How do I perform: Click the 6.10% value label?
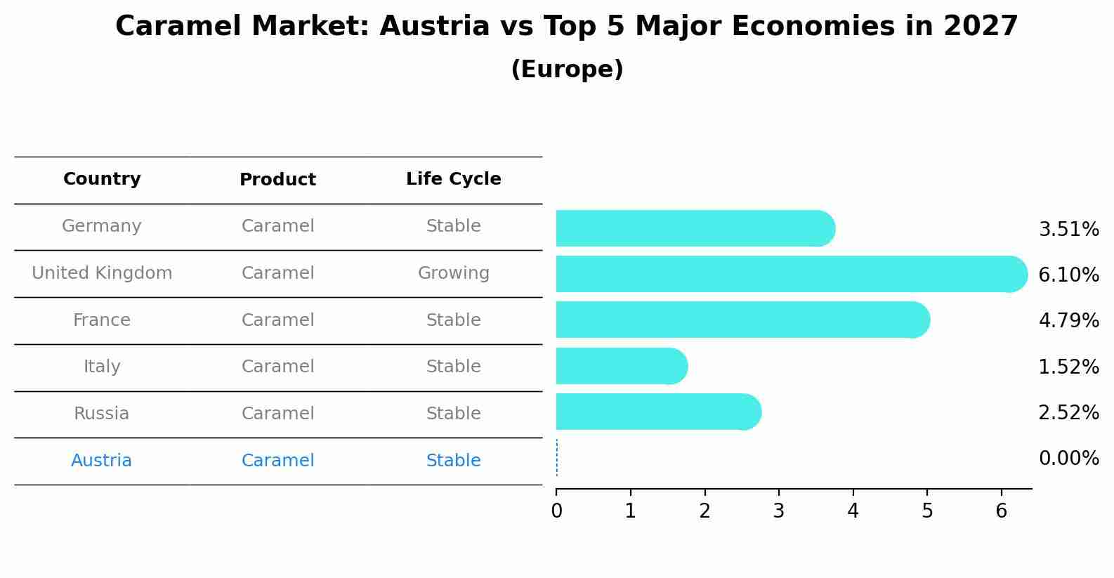(1068, 275)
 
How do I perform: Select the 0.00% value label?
(1068, 459)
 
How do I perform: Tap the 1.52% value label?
(1068, 367)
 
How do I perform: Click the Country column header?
(102, 179)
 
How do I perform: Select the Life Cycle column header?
(453, 179)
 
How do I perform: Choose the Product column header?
(277, 180)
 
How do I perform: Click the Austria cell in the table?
(101, 461)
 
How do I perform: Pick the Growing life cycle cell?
(453, 273)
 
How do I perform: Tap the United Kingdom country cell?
(102, 273)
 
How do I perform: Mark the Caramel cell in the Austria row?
(277, 461)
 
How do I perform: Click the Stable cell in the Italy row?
(453, 367)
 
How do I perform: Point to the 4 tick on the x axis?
(853, 511)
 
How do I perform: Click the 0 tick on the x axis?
(556, 511)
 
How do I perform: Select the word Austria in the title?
(434, 27)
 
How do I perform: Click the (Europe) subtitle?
(567, 70)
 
